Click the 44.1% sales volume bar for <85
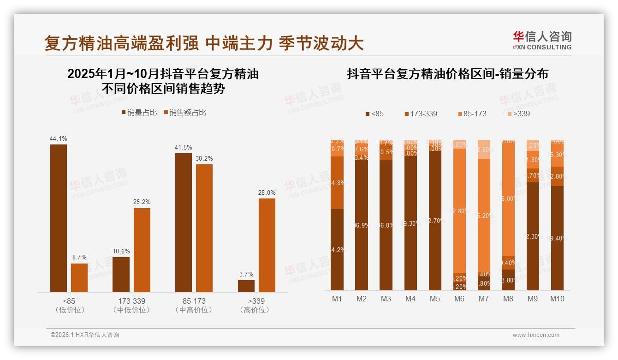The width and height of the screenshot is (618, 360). click(59, 218)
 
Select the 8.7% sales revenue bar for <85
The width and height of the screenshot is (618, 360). click(79, 277)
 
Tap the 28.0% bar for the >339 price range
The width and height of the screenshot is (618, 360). click(267, 245)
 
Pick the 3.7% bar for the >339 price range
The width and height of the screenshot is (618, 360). click(246, 286)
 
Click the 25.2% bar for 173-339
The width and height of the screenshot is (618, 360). click(142, 250)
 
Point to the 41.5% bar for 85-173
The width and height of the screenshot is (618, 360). click(184, 222)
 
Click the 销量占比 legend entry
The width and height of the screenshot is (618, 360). click(139, 113)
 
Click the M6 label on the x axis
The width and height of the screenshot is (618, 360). click(459, 299)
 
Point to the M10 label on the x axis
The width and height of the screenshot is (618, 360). click(557, 299)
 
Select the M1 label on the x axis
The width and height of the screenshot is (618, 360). click(337, 299)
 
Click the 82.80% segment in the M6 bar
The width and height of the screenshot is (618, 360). click(459, 211)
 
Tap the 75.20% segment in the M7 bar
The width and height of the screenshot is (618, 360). click(484, 215)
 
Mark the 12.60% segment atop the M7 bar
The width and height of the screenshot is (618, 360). click(484, 150)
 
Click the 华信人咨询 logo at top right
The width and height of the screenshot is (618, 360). click(542, 40)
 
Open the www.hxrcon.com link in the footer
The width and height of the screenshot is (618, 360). click(536, 335)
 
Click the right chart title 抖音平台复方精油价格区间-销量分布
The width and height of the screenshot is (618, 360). click(447, 74)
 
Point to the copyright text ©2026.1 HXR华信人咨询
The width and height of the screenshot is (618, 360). click(85, 335)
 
